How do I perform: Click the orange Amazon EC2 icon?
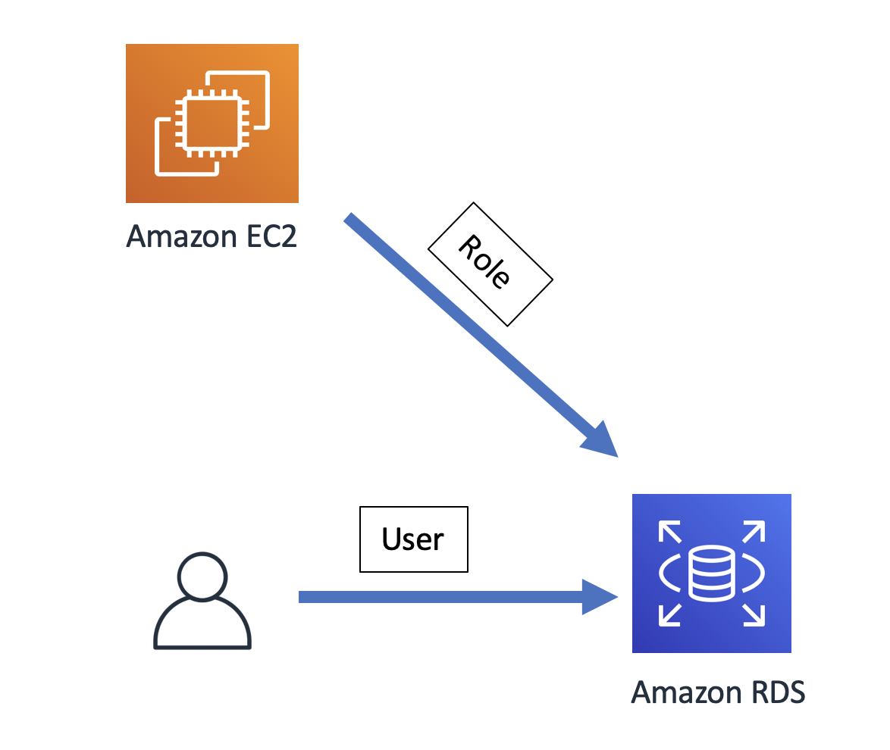point(212,123)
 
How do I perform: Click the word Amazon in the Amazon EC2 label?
point(180,236)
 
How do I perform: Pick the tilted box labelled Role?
point(490,264)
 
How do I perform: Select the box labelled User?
point(413,539)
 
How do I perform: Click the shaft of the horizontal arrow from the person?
point(440,597)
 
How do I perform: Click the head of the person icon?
point(202,574)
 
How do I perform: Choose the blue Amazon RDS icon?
point(711,573)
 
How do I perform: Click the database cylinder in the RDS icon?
point(711,573)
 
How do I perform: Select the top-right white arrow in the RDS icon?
point(753,532)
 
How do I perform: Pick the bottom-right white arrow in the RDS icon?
point(753,614)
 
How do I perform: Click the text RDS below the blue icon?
point(773,692)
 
